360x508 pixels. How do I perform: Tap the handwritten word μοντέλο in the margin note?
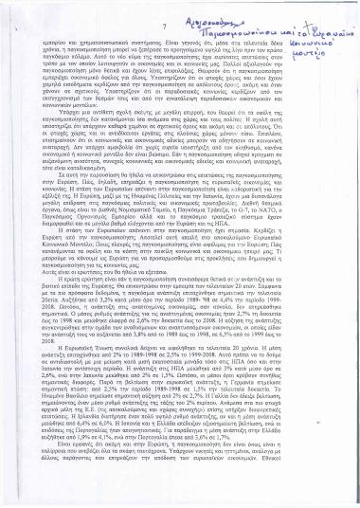tap(321, 45)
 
